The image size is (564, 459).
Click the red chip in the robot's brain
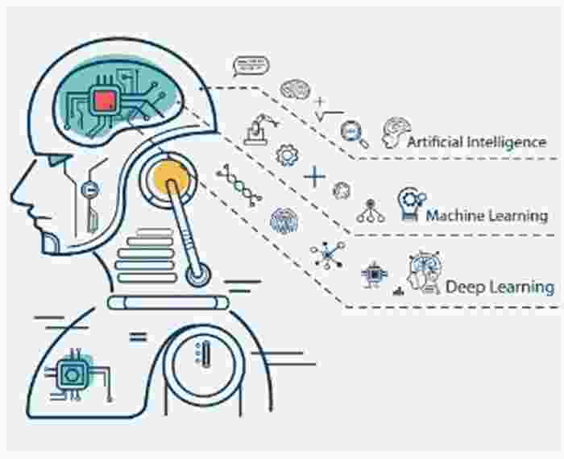click(x=105, y=101)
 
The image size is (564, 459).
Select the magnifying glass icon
click(x=355, y=134)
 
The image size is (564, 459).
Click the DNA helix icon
click(x=238, y=185)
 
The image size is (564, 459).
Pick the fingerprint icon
click(x=284, y=221)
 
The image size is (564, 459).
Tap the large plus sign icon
click(x=314, y=176)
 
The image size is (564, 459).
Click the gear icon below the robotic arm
click(x=287, y=155)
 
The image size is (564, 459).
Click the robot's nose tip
click(x=12, y=196)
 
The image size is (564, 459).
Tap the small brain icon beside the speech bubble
click(x=295, y=89)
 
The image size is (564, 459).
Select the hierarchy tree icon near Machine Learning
click(x=371, y=211)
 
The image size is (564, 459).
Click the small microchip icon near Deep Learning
click(x=374, y=275)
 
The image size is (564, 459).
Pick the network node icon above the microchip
click(x=328, y=254)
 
